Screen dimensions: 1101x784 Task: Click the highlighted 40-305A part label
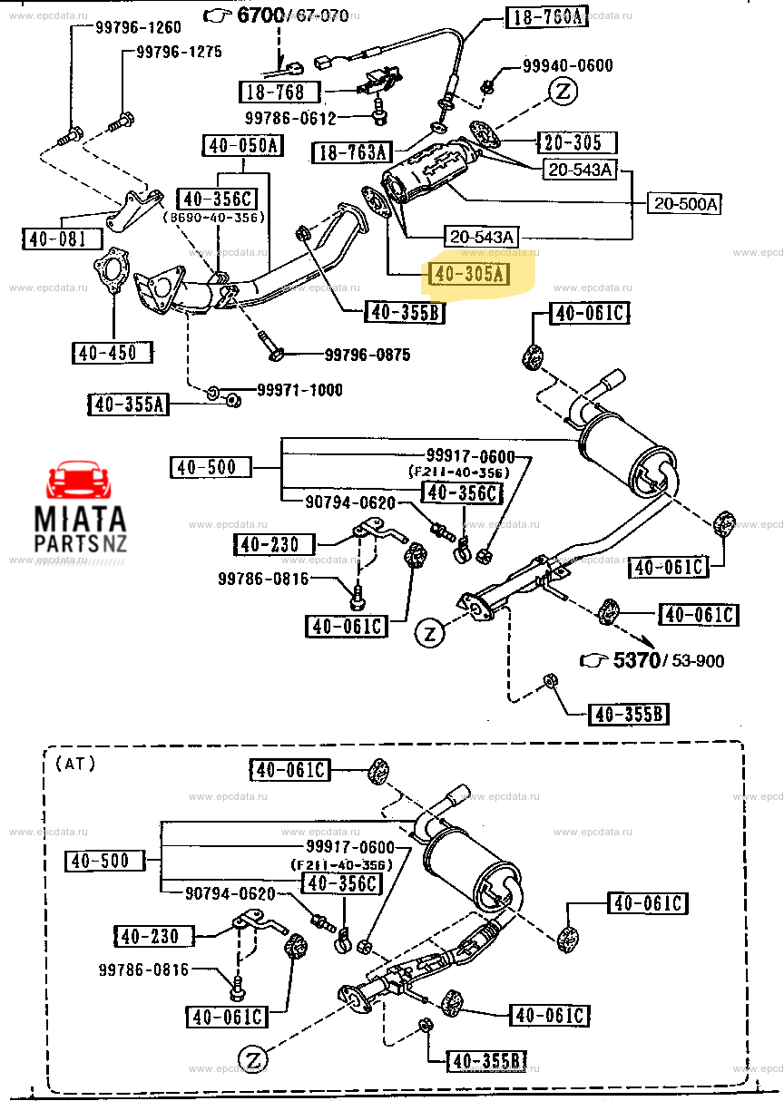click(x=469, y=274)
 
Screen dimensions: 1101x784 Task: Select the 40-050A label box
click(x=242, y=146)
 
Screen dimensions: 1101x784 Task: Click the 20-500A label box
click(x=683, y=204)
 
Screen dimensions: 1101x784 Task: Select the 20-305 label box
click(x=574, y=142)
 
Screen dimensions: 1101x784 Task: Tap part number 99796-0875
click(x=367, y=355)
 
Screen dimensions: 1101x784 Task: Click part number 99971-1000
click(x=299, y=390)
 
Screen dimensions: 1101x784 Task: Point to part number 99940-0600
click(x=567, y=65)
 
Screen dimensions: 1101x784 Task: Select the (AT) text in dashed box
click(x=74, y=763)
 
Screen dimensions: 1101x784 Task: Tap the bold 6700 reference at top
click(x=260, y=15)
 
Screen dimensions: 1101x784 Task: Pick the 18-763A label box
click(x=351, y=152)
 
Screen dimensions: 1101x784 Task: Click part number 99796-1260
click(x=138, y=27)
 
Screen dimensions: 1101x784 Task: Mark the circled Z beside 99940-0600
click(x=563, y=92)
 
